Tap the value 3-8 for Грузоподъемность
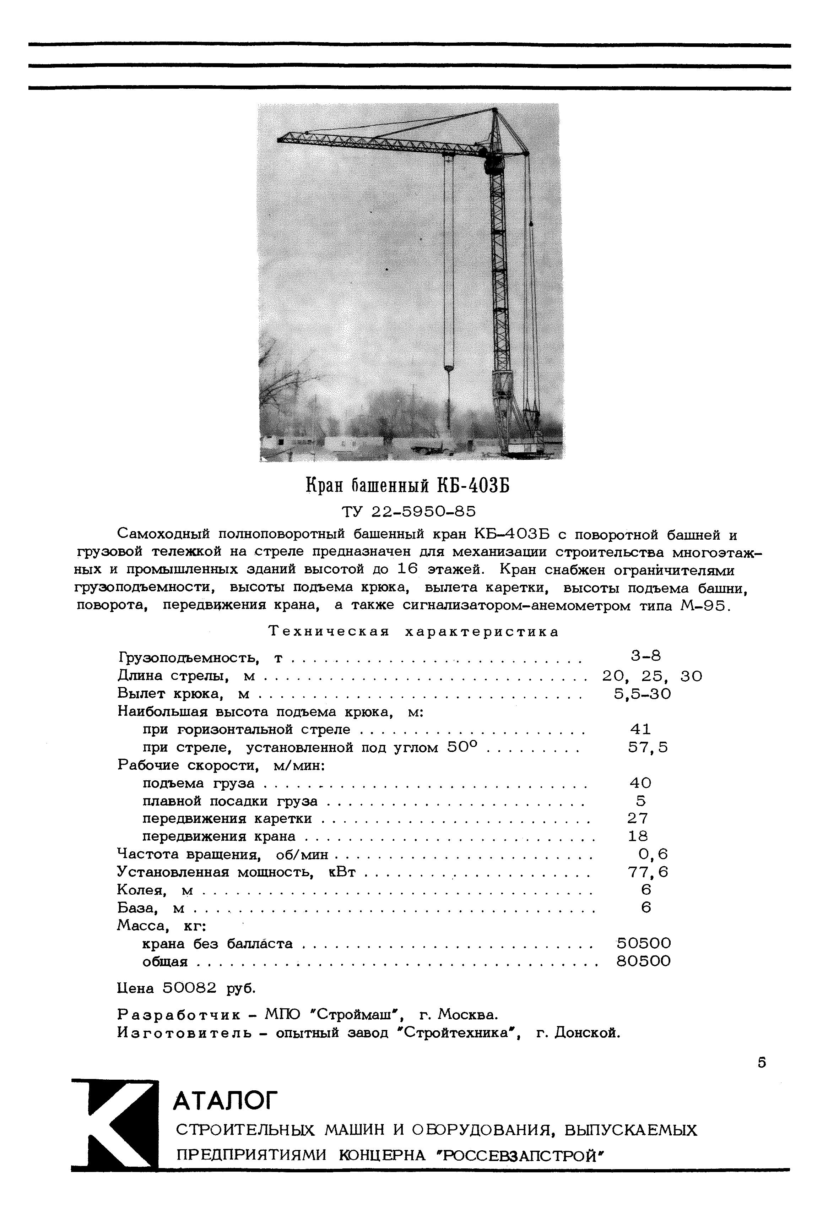tap(645, 656)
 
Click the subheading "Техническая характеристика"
tap(414, 632)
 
